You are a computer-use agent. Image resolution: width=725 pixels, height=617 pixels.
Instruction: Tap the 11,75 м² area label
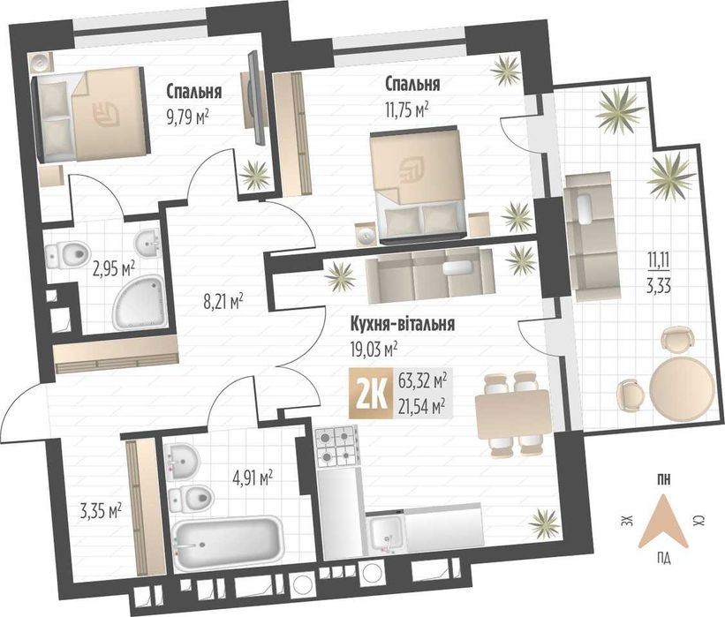(406, 110)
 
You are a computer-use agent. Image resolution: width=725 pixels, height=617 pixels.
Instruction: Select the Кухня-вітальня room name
(403, 324)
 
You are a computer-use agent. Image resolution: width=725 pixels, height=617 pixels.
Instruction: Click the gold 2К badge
(371, 394)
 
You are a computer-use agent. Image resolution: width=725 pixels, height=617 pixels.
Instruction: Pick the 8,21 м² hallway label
(223, 302)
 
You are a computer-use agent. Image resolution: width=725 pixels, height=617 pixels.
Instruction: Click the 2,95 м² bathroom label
(114, 268)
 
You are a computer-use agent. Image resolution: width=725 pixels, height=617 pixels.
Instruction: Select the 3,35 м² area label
(101, 512)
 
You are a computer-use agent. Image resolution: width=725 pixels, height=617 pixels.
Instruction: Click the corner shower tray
(140, 302)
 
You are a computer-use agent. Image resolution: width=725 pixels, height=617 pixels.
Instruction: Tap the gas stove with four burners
(336, 446)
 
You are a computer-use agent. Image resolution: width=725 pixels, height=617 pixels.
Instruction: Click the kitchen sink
(386, 532)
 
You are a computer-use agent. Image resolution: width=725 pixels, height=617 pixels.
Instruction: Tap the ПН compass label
(663, 479)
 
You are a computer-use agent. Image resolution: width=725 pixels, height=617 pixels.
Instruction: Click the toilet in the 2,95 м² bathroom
(67, 254)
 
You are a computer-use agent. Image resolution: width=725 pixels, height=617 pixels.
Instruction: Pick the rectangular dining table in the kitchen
(512, 415)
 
